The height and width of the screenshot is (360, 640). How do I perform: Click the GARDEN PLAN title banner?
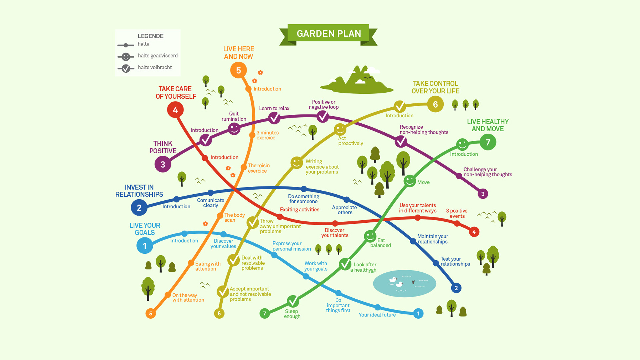click(x=328, y=34)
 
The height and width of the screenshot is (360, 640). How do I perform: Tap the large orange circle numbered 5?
click(x=238, y=70)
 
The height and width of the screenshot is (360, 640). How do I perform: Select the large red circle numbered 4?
click(x=175, y=110)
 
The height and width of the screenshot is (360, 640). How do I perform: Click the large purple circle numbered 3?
click(x=163, y=164)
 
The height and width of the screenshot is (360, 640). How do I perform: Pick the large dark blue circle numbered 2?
click(x=139, y=208)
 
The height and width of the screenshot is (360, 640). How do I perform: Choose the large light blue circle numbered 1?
click(x=145, y=246)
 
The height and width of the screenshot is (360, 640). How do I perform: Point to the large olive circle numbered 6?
click(x=435, y=104)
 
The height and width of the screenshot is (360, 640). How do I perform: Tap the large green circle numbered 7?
click(x=488, y=142)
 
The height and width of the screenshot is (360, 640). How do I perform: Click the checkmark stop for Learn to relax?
click(x=274, y=118)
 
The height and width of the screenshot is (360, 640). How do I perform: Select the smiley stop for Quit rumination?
click(x=234, y=128)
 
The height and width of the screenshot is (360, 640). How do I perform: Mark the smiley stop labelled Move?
click(x=410, y=181)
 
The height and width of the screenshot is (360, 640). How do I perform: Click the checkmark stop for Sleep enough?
click(x=293, y=301)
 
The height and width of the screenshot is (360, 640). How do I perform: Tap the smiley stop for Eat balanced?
click(x=370, y=236)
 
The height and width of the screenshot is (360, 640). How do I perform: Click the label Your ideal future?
click(x=377, y=315)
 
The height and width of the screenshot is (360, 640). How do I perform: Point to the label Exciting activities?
click(x=299, y=210)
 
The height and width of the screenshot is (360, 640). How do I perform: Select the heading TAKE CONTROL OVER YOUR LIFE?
click(x=435, y=87)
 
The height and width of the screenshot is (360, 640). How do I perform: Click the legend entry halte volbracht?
click(x=155, y=67)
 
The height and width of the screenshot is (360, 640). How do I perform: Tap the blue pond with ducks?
click(x=404, y=283)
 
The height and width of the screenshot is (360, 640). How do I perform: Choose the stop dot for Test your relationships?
click(x=436, y=263)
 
